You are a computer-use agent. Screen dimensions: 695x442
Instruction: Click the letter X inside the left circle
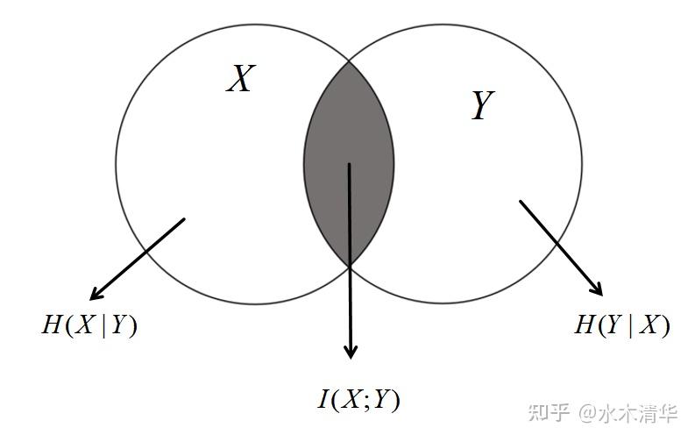[x=239, y=79]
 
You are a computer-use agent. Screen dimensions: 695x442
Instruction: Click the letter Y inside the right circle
[x=482, y=107]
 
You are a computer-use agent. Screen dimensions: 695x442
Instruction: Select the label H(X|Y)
[x=89, y=325]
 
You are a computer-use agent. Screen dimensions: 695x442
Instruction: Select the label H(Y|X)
[x=621, y=325]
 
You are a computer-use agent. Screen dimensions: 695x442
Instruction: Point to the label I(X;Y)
[x=358, y=400]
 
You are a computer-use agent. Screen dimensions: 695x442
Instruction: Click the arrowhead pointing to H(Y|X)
[x=598, y=289]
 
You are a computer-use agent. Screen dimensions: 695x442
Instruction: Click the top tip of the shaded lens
[x=349, y=61]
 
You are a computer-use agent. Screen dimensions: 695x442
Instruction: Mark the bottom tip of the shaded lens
[x=349, y=265]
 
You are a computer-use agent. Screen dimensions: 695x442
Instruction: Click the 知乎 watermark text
[x=550, y=412]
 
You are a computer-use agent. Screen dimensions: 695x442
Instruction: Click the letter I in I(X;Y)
[x=323, y=401]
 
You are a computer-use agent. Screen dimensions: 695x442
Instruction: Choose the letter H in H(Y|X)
[x=584, y=325]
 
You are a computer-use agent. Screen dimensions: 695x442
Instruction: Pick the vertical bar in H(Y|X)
[x=635, y=325]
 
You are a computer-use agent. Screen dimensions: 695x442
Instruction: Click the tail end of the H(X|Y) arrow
[x=185, y=219]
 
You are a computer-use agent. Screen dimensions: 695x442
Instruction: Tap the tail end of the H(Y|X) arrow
[x=520, y=201]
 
